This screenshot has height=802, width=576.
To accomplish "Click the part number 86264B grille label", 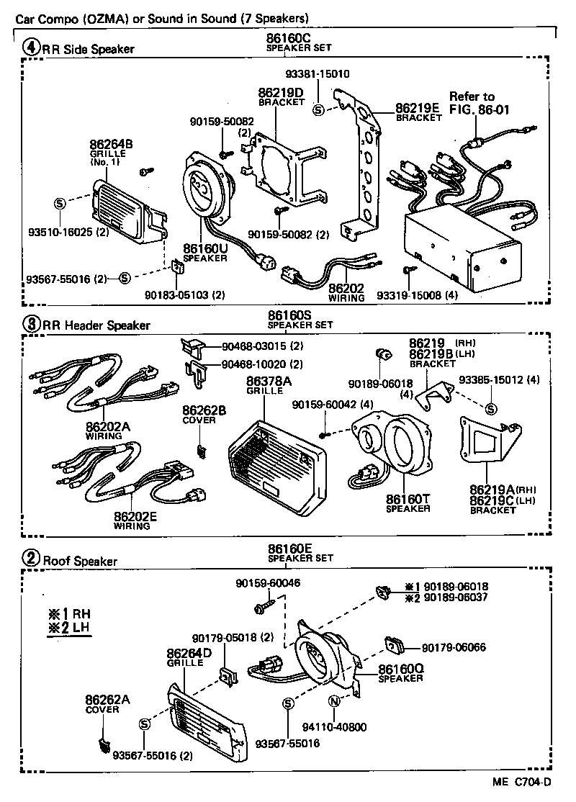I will (112, 149).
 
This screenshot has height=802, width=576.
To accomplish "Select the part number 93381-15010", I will (317, 73).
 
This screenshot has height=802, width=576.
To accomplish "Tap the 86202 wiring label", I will (346, 292).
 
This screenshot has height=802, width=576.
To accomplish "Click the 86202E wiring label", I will (132, 520).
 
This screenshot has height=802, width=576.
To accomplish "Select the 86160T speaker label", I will (408, 503).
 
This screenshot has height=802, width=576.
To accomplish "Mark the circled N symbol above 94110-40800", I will (334, 702).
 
